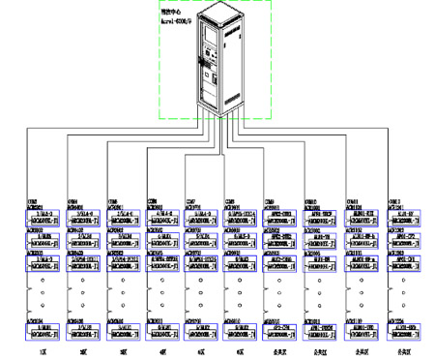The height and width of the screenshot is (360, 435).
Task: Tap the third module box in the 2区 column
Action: pos(85,259)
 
